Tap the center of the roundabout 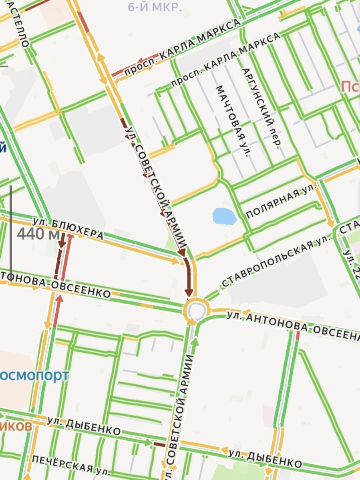coord(196,310)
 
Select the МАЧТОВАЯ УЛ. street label coord(233,121)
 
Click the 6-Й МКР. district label coord(155,7)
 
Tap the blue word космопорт coord(34,376)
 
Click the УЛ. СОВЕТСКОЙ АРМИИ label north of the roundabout coord(157,188)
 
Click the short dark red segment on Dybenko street coord(159,444)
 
